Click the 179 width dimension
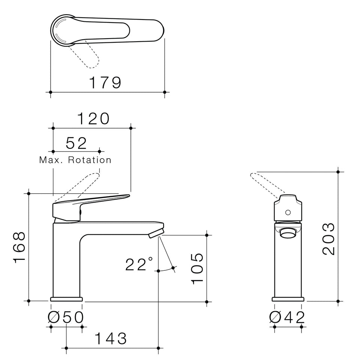[105, 82]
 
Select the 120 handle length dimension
[93, 119]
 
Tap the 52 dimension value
[76, 143]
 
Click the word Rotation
[90, 160]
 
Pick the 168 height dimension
[19, 247]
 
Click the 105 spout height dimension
[197, 268]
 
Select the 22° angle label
[139, 264]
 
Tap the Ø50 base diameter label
[66, 317]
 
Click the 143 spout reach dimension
[110, 338]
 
